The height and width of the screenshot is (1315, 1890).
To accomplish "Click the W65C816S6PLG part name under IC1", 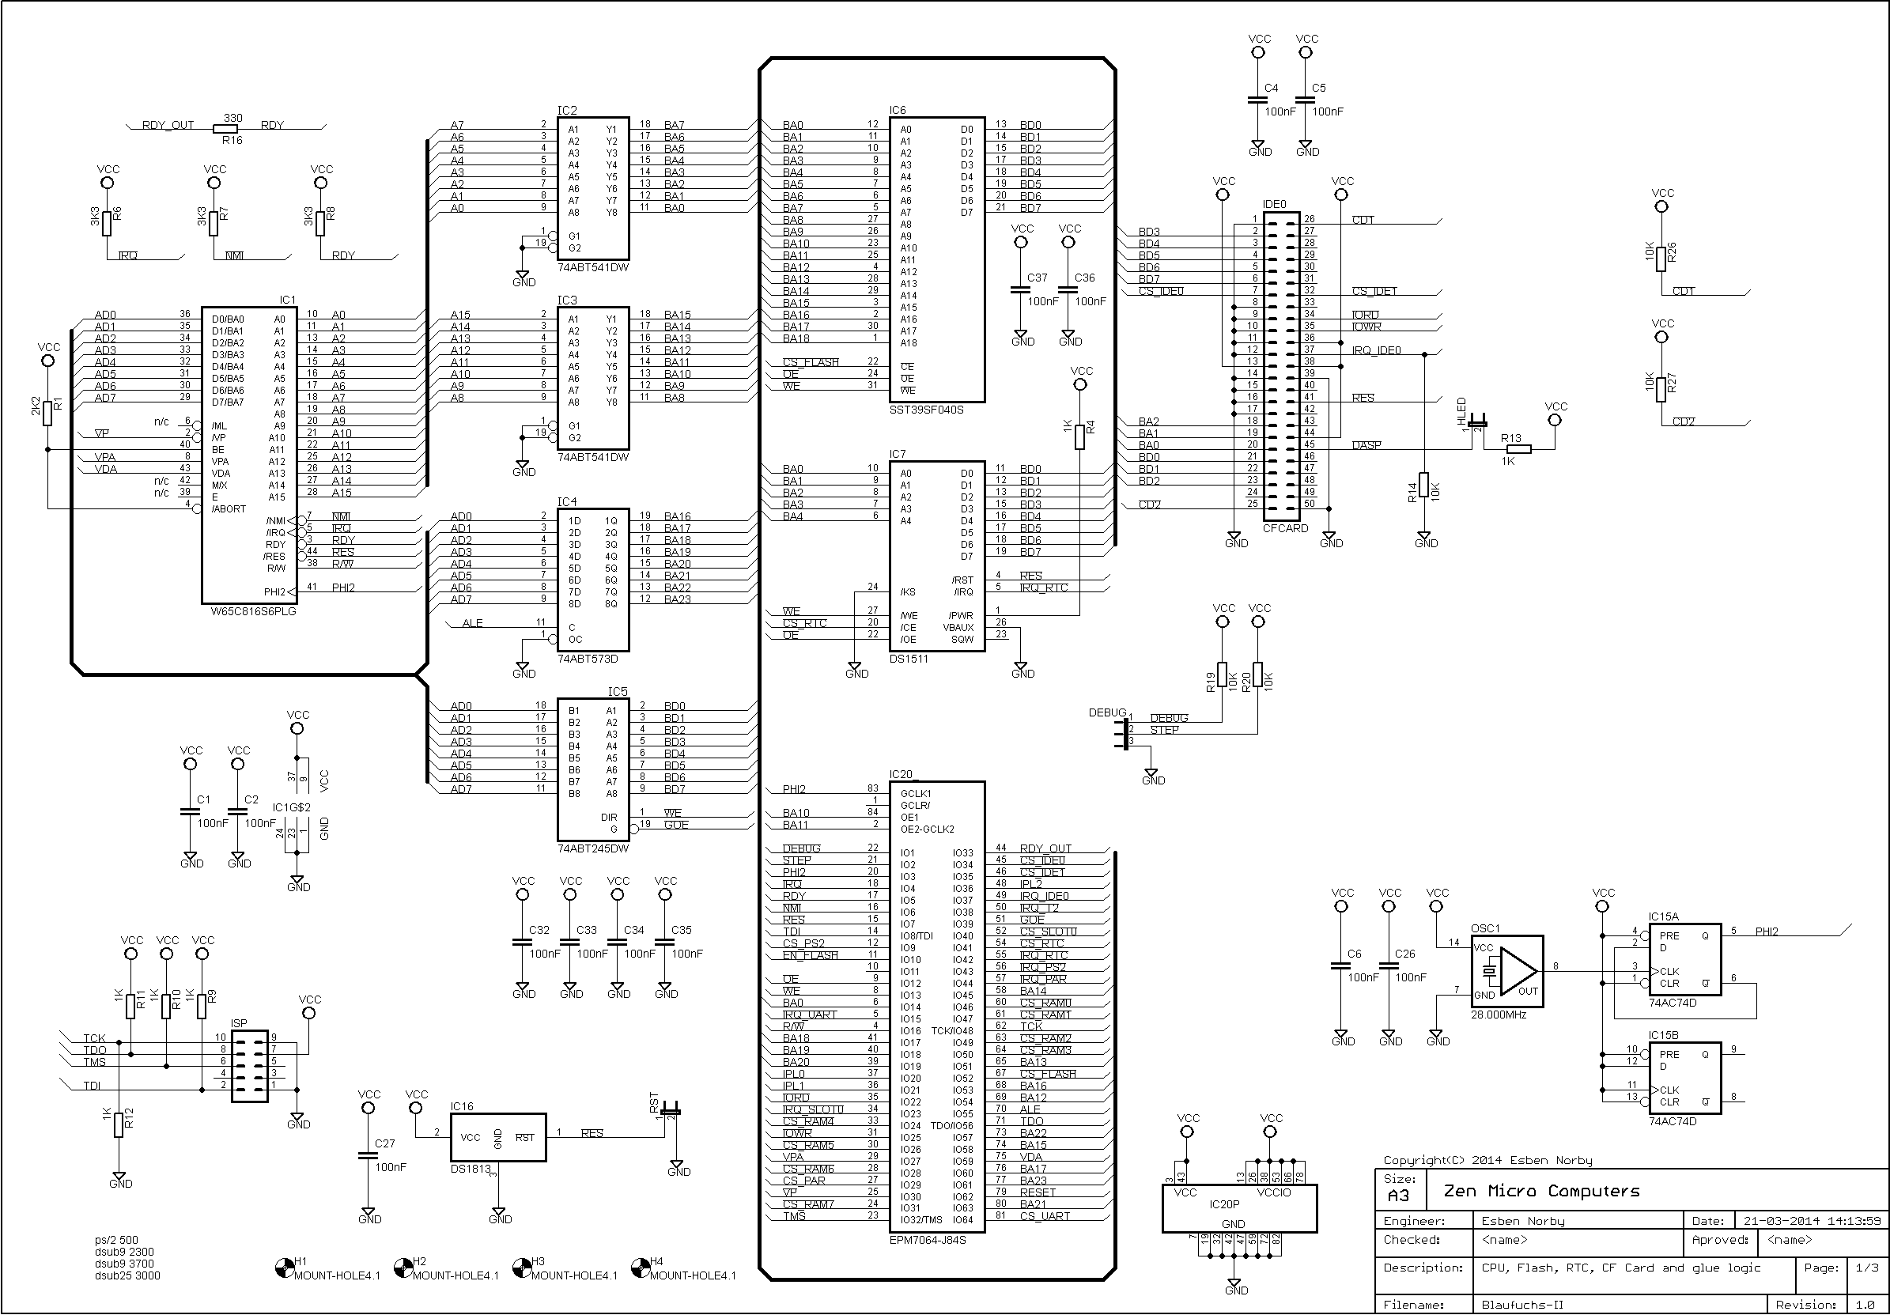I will (253, 612).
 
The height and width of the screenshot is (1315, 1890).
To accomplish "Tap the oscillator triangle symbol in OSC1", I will (1516, 971).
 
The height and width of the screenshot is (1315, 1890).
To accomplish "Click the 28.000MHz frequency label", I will (1499, 1015).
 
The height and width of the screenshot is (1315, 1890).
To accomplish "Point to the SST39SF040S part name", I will (926, 410).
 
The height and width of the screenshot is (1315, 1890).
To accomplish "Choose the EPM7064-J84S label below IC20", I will (928, 1239).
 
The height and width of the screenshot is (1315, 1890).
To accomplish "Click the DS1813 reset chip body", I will (498, 1138).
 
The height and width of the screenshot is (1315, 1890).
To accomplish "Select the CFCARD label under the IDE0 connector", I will (1285, 528).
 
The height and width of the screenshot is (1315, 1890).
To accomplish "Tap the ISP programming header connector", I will (249, 1066).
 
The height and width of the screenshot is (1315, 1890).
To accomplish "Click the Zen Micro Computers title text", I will (1541, 1191).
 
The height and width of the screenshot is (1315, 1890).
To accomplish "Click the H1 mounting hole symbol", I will (282, 1268).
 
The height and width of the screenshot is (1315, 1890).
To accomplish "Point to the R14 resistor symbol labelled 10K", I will (1423, 490).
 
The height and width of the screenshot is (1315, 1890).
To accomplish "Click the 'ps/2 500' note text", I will (116, 1240).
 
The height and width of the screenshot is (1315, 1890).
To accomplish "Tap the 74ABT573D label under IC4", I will (587, 659).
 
